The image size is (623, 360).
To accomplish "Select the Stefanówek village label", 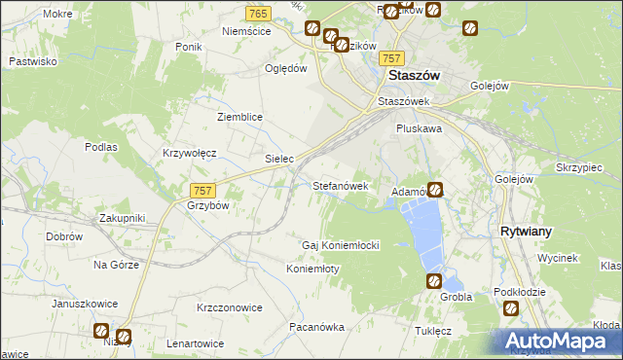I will pyautogui.click(x=340, y=185).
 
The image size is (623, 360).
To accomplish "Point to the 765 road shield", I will pyautogui.click(x=258, y=13).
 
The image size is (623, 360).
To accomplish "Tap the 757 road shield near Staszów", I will pyautogui.click(x=392, y=58).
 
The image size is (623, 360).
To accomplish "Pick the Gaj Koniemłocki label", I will pyautogui.click(x=341, y=245).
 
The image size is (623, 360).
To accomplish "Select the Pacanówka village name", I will pyautogui.click(x=317, y=327).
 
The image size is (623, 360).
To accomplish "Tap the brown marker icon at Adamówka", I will pyautogui.click(x=436, y=190).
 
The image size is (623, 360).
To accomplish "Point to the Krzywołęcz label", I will pyautogui.click(x=189, y=154).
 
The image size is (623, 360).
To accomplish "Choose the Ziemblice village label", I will pyautogui.click(x=239, y=116).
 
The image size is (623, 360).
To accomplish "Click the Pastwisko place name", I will pyautogui.click(x=33, y=61).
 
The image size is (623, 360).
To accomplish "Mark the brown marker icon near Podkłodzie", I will pyautogui.click(x=510, y=308).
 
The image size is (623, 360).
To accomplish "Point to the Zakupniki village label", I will pyautogui.click(x=122, y=219).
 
